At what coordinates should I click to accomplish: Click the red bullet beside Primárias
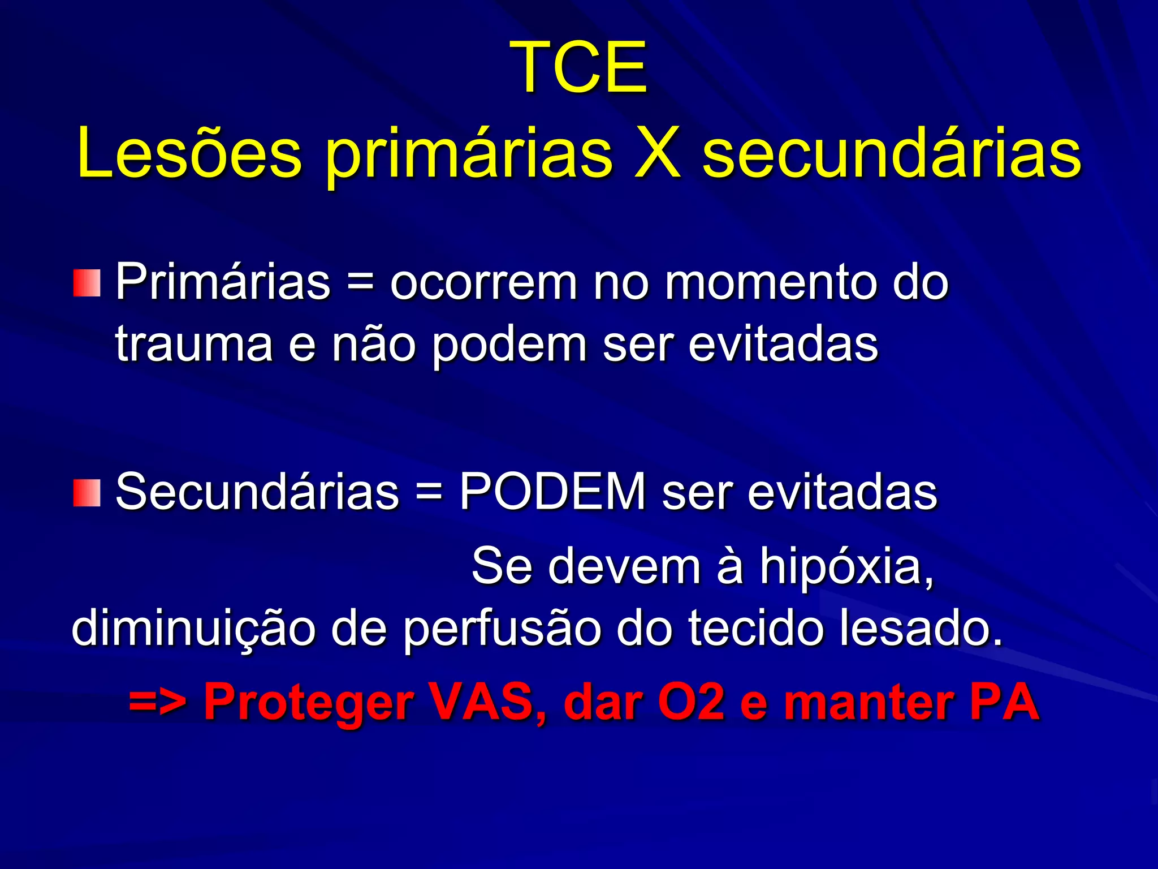coord(87,283)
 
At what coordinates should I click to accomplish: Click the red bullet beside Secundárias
coord(87,493)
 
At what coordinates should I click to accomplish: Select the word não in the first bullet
coord(374,344)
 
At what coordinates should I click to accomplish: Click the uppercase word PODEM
coord(552,491)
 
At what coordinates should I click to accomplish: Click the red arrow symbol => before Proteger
coord(157,702)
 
